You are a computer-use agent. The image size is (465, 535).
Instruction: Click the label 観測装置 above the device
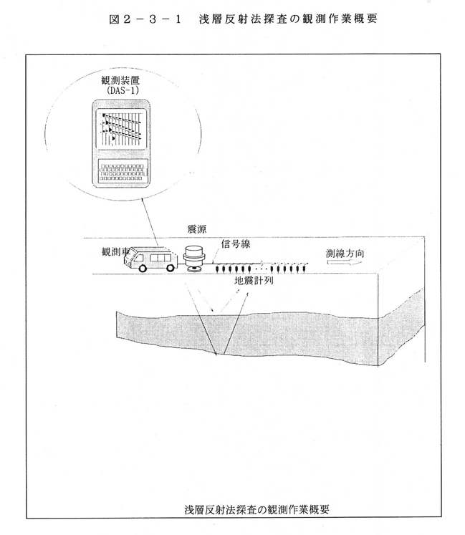click(120, 80)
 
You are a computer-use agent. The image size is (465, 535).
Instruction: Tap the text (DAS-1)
click(121, 90)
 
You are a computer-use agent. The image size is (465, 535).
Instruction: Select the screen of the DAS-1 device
click(121, 129)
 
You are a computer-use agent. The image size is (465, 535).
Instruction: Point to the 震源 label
click(196, 228)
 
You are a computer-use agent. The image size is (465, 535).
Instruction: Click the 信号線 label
click(236, 244)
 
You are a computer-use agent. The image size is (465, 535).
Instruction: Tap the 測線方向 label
click(345, 253)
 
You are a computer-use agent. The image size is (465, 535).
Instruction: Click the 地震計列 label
click(254, 281)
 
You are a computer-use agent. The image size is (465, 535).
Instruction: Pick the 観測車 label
click(115, 252)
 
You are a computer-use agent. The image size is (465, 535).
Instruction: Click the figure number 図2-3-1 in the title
click(145, 19)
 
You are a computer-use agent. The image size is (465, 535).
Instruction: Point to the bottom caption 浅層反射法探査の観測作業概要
click(257, 509)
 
